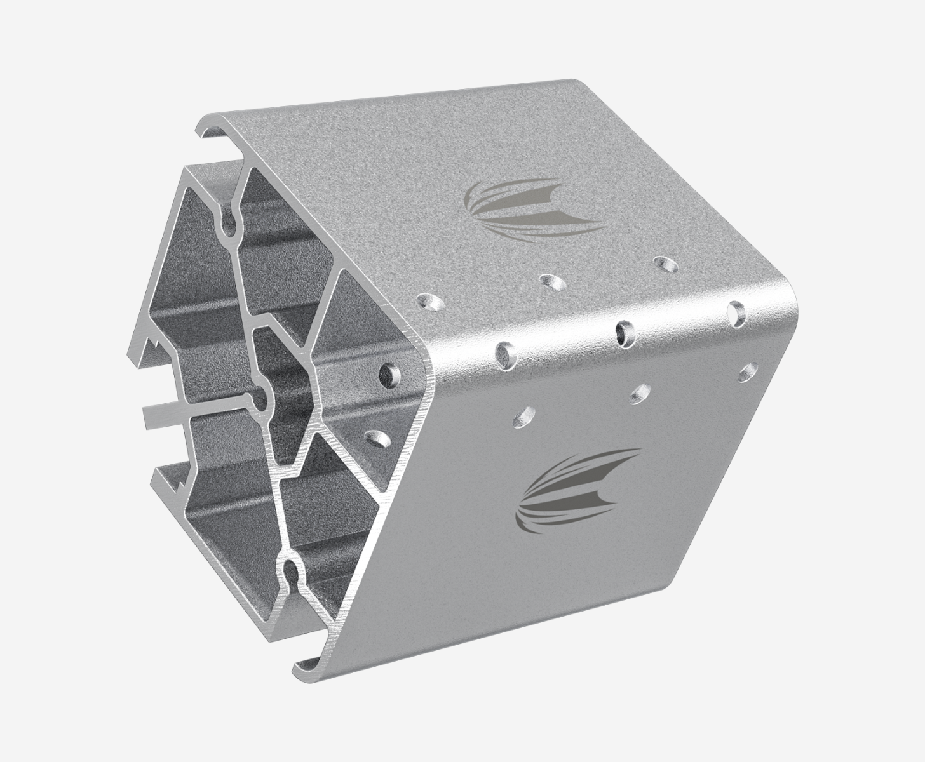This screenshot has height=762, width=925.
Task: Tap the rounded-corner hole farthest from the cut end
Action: (736, 312)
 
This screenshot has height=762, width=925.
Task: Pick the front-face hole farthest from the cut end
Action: (748, 372)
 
